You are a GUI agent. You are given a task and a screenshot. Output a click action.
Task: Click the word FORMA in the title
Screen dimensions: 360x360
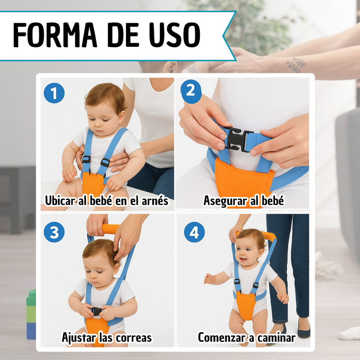(x=55, y=35)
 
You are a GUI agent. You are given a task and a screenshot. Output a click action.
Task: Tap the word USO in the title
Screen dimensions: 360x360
(x=175, y=35)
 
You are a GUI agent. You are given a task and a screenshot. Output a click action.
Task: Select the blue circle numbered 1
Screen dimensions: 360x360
(x=54, y=93)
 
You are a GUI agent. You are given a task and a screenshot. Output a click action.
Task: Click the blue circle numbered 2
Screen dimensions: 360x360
(x=191, y=91)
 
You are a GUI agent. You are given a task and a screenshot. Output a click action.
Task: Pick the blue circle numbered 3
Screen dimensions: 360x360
(x=54, y=232)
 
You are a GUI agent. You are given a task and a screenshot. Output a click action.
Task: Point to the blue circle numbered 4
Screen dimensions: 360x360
(x=194, y=232)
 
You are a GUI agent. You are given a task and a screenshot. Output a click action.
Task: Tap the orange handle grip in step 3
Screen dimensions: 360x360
(x=111, y=229)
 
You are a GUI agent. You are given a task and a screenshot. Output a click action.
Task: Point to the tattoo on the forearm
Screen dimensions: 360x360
(x=296, y=64)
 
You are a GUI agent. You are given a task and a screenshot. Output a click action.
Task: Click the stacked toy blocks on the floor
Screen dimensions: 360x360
(x=31, y=314)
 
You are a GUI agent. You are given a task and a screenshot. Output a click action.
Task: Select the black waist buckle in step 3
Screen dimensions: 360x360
(x=97, y=311)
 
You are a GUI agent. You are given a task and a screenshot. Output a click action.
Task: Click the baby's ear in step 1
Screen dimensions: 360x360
(x=121, y=117)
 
